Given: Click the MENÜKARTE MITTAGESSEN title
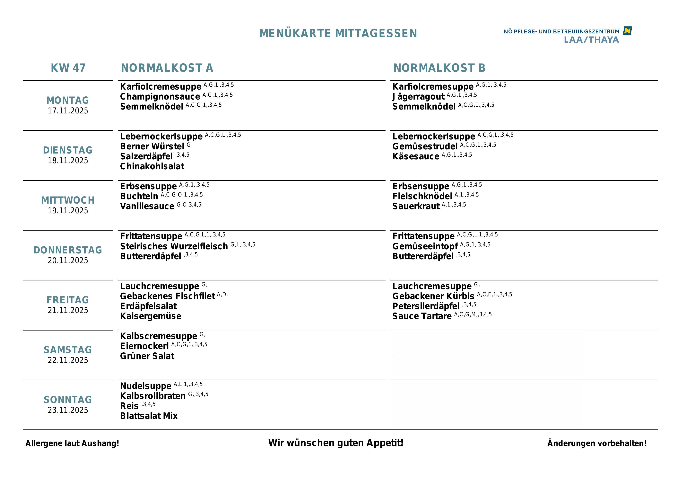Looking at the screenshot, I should pos(338,33).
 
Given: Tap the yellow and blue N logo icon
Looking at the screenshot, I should pos(627,31).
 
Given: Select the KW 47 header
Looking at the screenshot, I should pos(68,68).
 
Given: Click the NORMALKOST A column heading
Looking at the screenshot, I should pos(167,68).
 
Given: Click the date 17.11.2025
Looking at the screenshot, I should pos(68,110).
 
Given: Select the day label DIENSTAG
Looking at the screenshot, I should pos(68,150).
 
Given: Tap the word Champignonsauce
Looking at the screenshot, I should pos(160,97).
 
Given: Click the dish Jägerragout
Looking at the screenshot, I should pos(418,97).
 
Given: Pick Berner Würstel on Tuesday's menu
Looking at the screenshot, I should pos(152,146).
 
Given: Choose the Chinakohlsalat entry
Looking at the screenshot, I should pos(152,166).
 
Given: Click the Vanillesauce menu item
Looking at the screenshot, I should pos(147,206).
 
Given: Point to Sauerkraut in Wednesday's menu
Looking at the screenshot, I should pos(416,206).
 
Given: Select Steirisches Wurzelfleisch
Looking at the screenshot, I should pos(174,246).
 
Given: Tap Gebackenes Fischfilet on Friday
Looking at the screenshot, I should pos(167,296).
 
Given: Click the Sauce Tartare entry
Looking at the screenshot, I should pos(422,316).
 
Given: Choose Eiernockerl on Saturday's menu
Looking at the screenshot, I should pos(144,346).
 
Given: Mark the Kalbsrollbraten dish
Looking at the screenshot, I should pos(153,396).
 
